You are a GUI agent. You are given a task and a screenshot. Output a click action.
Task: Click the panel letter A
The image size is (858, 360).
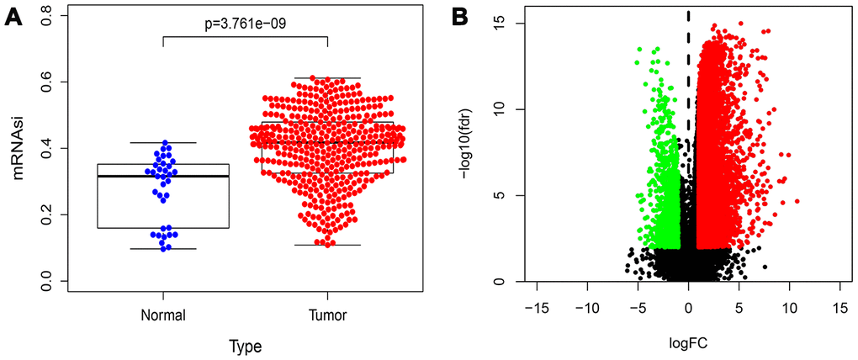pos(14,17)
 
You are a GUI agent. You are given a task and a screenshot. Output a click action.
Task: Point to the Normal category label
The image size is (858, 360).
pos(163,315)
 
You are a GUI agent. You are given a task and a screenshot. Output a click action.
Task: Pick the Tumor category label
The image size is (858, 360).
pos(326,315)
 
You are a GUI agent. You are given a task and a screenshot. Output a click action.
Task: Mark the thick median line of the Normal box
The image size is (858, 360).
pos(163,176)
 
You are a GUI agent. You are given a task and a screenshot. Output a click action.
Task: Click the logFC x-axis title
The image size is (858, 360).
pos(688,343)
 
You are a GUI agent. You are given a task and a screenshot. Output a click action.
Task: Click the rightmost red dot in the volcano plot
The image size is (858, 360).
pos(796,201)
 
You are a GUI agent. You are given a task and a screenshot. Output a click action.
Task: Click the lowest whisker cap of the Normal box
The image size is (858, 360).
pos(163,249)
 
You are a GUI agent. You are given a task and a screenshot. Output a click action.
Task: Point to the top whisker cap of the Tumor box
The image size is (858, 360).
pos(326,78)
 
